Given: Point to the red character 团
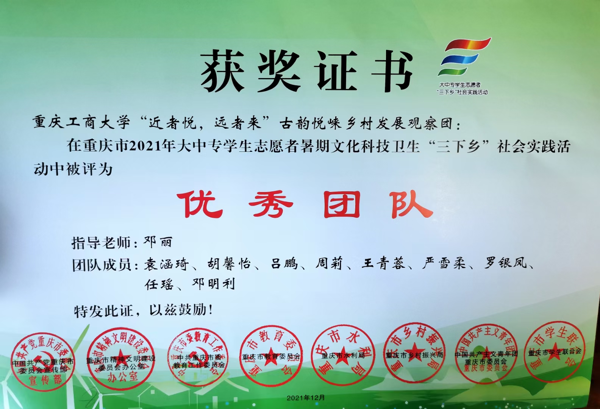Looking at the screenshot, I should pyautogui.click(x=341, y=204).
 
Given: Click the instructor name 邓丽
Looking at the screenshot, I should pyautogui.click(x=158, y=242).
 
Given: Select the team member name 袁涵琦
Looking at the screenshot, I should pyautogui.click(x=166, y=264).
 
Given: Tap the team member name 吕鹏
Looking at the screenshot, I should pyautogui.click(x=284, y=263).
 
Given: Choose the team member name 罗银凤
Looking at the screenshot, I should pyautogui.click(x=506, y=262).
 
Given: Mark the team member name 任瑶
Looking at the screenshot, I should pyautogui.click(x=159, y=284).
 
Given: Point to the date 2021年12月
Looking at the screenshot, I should pyautogui.click(x=306, y=398).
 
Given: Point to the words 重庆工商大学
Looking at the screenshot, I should pyautogui.click(x=81, y=122).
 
